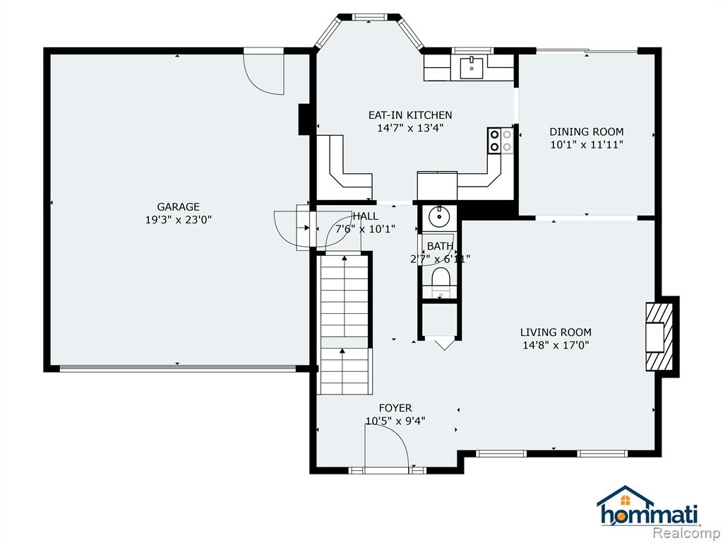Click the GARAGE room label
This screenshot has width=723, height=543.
178,207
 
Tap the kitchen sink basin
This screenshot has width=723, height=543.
471,67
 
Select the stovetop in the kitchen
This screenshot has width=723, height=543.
501,141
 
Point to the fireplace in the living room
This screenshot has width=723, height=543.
659,337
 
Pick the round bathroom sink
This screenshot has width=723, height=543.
439,216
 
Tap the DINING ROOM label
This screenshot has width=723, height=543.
586,132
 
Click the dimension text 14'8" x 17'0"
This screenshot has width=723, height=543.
556,345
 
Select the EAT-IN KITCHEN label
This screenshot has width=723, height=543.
410,115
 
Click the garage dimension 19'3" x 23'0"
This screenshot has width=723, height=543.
178,220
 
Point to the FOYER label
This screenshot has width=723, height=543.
395,408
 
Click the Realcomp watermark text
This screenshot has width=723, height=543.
686,533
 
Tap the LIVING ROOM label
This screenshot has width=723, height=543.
556,332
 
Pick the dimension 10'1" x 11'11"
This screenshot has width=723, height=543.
586,144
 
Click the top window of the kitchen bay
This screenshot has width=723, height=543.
369,18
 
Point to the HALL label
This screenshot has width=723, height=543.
366,216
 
